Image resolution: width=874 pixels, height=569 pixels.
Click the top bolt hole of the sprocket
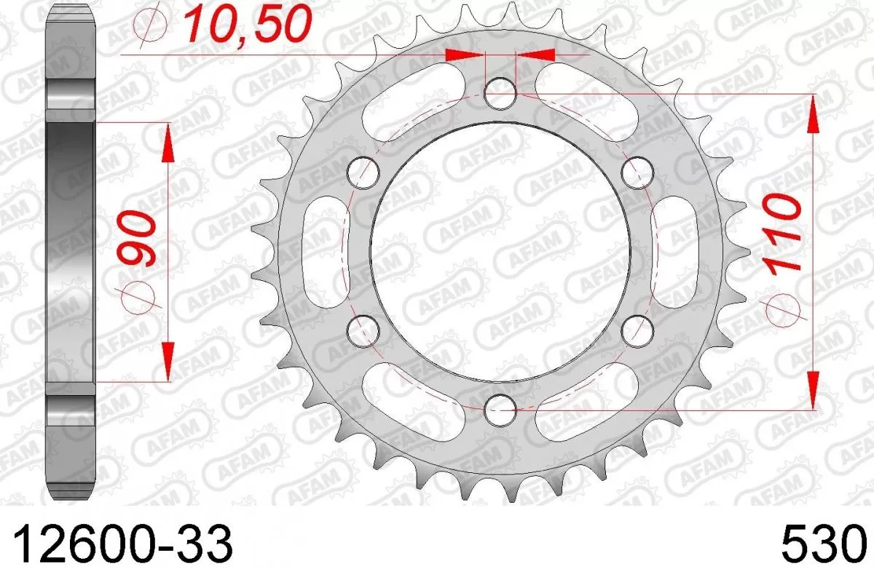tap(500, 92)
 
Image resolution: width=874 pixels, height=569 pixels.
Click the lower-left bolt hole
tap(364, 329)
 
